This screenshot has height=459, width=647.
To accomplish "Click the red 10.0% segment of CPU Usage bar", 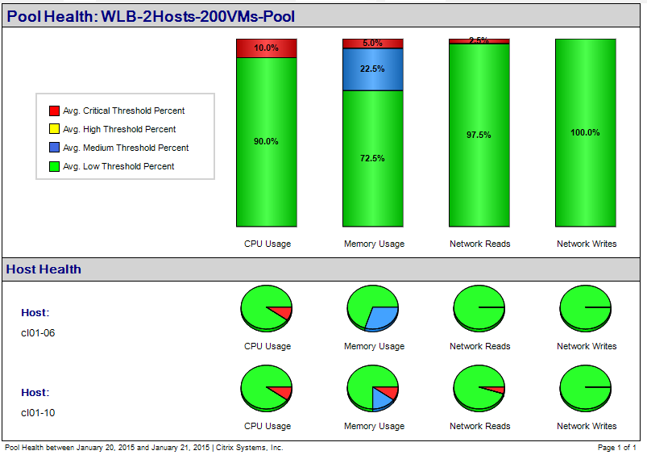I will coord(267,48).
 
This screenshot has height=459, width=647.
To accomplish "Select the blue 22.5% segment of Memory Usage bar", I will coord(372,69).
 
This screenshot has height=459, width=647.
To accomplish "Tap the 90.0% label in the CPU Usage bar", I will coord(267,141).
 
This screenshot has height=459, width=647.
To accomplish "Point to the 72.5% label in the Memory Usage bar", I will coord(372,158).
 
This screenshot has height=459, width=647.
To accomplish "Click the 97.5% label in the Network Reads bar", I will coord(479,135).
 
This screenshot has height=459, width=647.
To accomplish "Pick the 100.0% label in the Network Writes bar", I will coord(585,132).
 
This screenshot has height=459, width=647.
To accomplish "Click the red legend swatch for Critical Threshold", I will coord(54,111).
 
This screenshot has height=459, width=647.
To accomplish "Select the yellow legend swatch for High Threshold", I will coord(54,129).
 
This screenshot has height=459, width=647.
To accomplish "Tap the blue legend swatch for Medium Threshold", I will coord(54,148).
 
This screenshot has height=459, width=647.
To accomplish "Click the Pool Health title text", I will coord(151,16).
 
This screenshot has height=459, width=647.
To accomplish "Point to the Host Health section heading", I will coord(44,269).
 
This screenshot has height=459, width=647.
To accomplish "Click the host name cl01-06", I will coord(38,332).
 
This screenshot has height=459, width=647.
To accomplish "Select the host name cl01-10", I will coord(38,412).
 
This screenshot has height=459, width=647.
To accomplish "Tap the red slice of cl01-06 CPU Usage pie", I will coord(281,312).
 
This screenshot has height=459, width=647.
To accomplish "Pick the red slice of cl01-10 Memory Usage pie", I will coord(388,392).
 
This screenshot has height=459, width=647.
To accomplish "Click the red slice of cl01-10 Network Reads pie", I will coord(498,390).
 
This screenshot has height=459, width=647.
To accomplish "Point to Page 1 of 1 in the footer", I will coord(617,447).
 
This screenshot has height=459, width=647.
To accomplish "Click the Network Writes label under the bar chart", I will coord(587,244).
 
